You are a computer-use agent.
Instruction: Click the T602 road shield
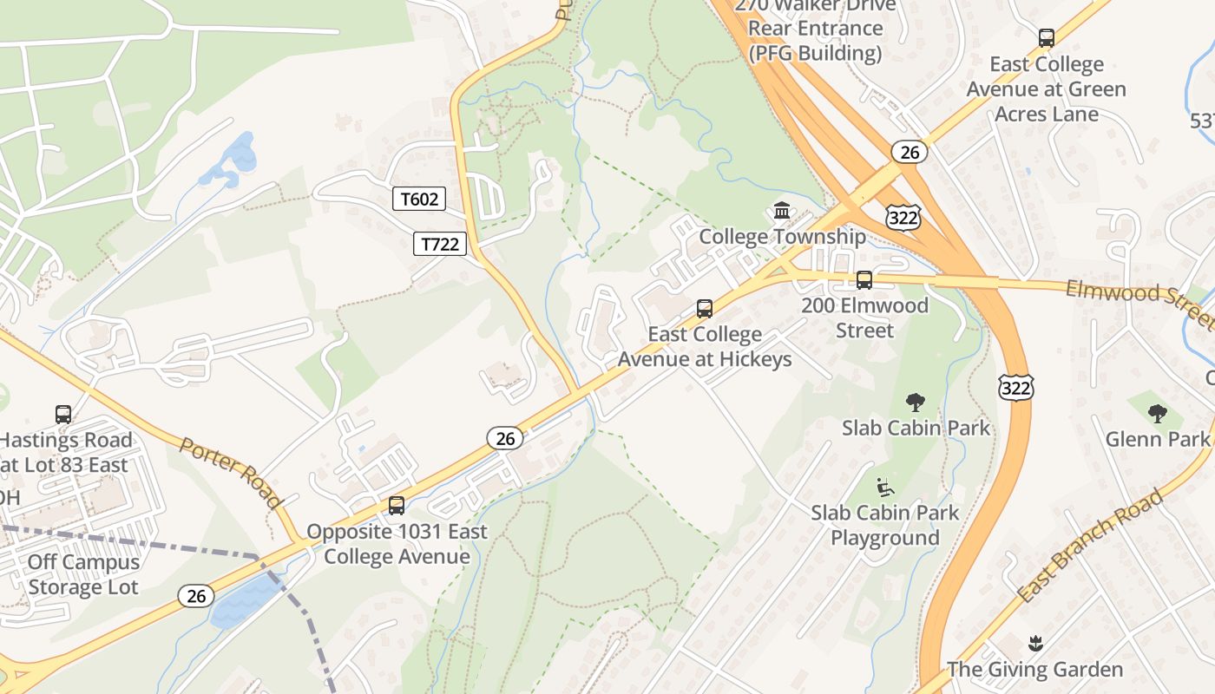[419, 200]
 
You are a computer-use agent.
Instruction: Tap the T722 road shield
[439, 244]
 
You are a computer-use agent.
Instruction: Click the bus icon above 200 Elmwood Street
[864, 280]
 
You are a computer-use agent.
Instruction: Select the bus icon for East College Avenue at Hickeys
[705, 309]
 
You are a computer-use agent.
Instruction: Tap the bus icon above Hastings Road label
[63, 415]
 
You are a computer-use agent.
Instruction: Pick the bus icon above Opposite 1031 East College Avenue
[397, 506]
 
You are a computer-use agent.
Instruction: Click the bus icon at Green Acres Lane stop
[1047, 38]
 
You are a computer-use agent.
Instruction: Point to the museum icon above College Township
[782, 211]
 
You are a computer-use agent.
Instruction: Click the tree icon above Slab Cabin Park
[915, 402]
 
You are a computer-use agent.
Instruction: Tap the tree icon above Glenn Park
[1157, 413]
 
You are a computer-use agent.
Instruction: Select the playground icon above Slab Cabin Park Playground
[885, 487]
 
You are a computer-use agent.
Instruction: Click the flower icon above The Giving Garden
[1034, 644]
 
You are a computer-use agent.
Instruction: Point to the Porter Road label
[231, 472]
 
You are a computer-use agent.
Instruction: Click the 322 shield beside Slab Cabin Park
[1015, 388]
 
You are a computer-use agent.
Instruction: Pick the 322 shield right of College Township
[903, 218]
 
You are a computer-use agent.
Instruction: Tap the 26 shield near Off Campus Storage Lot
[196, 596]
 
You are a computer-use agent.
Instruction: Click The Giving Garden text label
[1034, 670]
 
